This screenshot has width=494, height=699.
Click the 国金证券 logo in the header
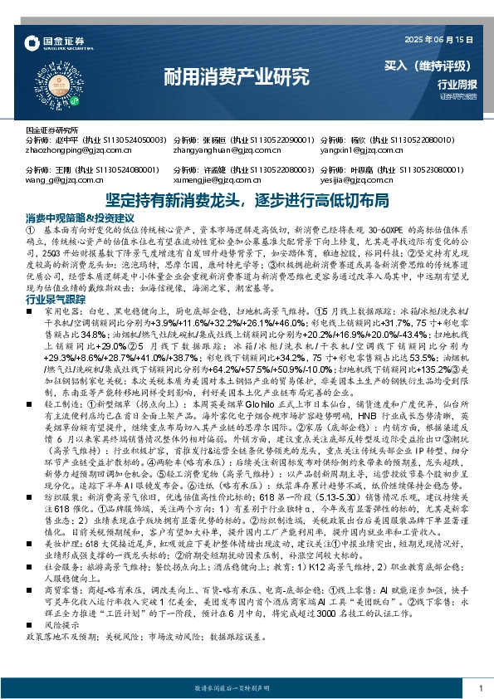pos(52,42)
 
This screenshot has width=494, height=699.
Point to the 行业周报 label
pos(457,85)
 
